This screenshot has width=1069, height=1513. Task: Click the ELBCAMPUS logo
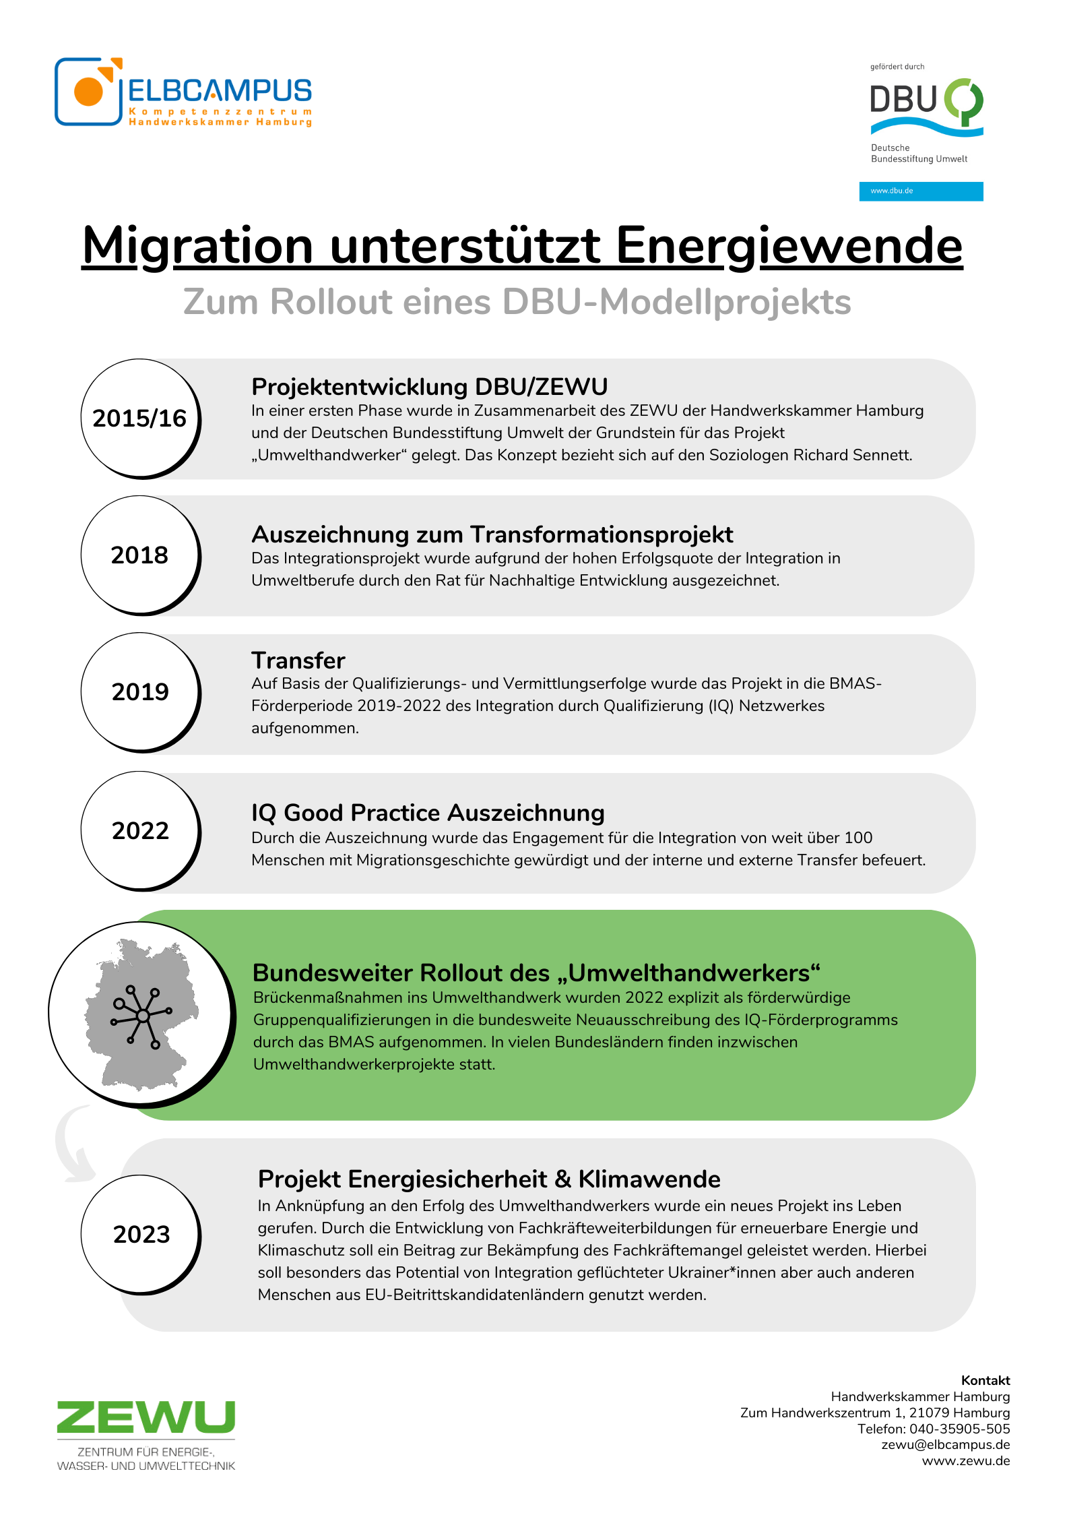pyautogui.click(x=183, y=92)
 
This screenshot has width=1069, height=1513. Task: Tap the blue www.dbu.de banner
pyautogui.click(x=921, y=191)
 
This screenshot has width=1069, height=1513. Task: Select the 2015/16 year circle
pyautogui.click(x=140, y=419)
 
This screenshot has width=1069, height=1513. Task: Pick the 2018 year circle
pyautogui.click(x=140, y=555)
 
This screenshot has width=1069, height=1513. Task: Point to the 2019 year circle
pyautogui.click(x=140, y=692)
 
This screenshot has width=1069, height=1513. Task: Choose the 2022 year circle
pyautogui.click(x=140, y=831)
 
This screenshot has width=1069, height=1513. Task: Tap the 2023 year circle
pyautogui.click(x=141, y=1235)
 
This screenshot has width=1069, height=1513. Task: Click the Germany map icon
pyautogui.click(x=141, y=1014)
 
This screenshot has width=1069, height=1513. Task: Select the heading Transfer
pyautogui.click(x=298, y=660)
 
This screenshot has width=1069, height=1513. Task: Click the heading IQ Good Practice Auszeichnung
pyautogui.click(x=428, y=813)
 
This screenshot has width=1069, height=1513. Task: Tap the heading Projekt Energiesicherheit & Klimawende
pyautogui.click(x=489, y=1179)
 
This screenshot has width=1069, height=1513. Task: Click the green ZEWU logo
pyautogui.click(x=146, y=1417)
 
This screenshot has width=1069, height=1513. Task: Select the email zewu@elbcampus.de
pyautogui.click(x=945, y=1445)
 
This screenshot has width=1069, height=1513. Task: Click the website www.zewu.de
pyautogui.click(x=966, y=1461)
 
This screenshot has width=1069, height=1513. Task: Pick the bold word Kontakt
pyautogui.click(x=985, y=1380)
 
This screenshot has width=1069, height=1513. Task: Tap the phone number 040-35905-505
pyautogui.click(x=959, y=1429)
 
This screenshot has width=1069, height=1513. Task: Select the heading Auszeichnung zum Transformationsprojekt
pyautogui.click(x=492, y=534)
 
